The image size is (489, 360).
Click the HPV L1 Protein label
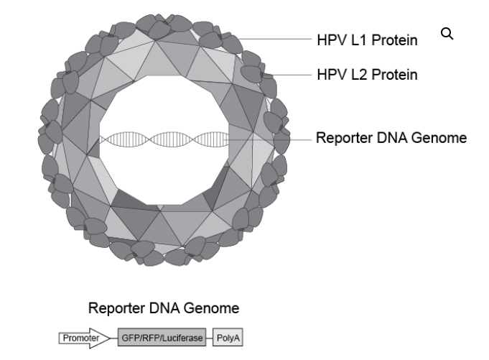point(367,40)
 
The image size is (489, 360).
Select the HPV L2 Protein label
point(367,74)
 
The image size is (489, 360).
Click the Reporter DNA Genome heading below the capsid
point(163,309)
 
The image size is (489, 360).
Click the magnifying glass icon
point(447,34)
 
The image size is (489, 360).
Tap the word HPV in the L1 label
point(330,40)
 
